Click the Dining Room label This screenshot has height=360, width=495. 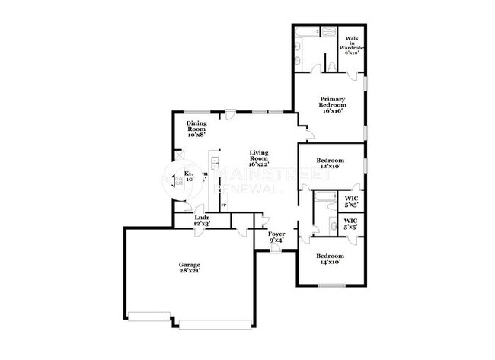click(x=196, y=126)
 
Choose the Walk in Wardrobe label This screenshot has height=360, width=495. click(x=354, y=46)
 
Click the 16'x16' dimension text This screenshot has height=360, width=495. click(x=334, y=111)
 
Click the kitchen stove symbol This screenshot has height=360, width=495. click(x=179, y=181)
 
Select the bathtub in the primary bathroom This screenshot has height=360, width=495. click(x=310, y=33)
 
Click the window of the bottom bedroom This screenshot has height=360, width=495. click(x=333, y=286)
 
